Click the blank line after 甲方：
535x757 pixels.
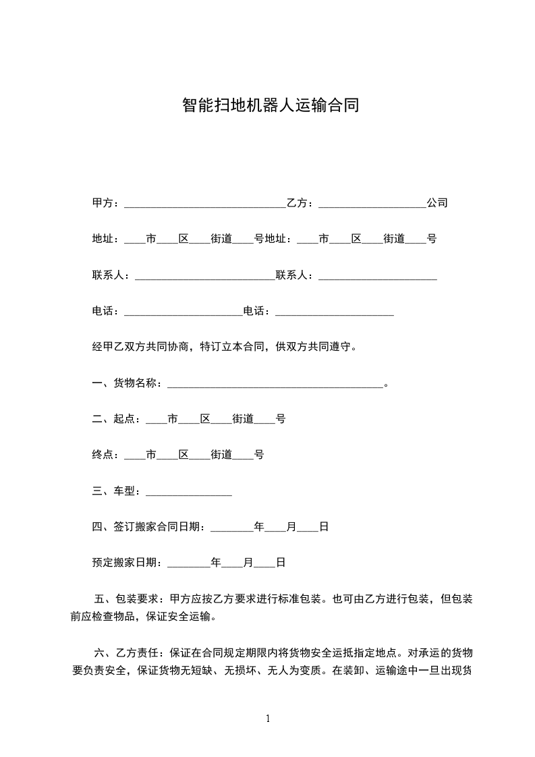(x=205, y=203)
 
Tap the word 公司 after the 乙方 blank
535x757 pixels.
(x=437, y=203)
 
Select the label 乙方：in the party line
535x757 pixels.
(x=302, y=203)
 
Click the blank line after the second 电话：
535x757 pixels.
(x=335, y=312)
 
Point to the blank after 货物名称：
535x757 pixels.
(x=275, y=384)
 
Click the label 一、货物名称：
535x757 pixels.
(x=128, y=384)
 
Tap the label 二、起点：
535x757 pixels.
(x=117, y=420)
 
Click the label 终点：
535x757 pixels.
(x=107, y=455)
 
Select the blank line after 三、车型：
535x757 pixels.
(x=189, y=492)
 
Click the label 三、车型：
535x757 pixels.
(x=117, y=492)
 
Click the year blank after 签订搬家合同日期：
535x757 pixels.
(x=232, y=528)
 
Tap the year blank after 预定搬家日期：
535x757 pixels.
(x=188, y=562)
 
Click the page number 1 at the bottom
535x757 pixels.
(x=268, y=719)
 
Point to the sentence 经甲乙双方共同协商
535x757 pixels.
(x=142, y=347)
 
